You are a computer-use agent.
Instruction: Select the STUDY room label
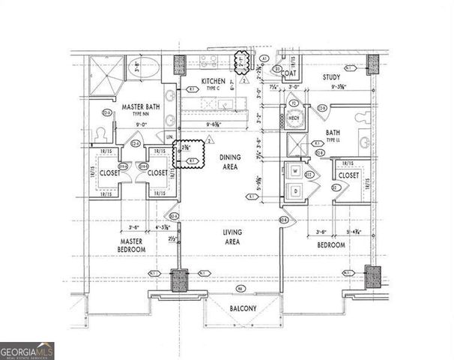[x=333, y=76]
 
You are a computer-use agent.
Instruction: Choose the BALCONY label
[x=243, y=308]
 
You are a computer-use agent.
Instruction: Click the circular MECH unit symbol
[x=294, y=118]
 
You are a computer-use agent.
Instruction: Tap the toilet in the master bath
[x=100, y=134]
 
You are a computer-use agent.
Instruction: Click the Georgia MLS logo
[x=27, y=351]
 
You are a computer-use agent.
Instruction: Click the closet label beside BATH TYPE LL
[x=348, y=175]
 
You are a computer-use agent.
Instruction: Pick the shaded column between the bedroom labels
[x=180, y=282]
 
